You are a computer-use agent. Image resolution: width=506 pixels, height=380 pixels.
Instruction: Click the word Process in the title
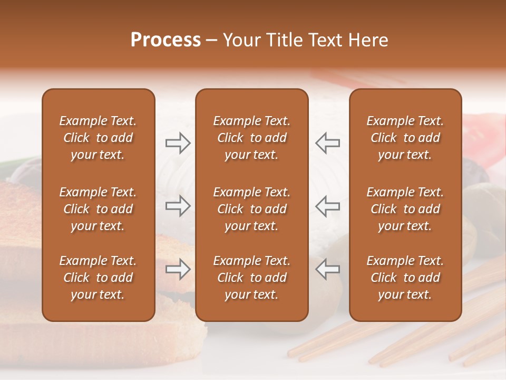pos(166,40)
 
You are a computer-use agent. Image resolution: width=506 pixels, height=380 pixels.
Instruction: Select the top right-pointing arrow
pos(178,143)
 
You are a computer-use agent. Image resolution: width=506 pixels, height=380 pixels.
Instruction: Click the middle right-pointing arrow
pos(178,206)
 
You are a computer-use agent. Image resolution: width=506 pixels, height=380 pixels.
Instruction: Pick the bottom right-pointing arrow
pos(178,269)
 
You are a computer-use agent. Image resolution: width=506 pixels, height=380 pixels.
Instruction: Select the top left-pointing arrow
pos(327,143)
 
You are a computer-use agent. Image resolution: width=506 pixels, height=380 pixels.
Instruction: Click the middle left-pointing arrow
pos(327,206)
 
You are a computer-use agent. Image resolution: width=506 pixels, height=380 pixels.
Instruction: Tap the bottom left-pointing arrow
pos(327,269)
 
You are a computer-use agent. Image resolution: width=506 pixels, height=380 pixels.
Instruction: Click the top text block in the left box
pos(98,138)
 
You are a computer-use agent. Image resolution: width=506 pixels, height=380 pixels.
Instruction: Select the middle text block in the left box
pos(98,209)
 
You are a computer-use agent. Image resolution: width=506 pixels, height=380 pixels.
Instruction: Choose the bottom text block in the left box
pos(98,278)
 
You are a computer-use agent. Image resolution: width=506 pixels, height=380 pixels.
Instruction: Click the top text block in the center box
pos(251,138)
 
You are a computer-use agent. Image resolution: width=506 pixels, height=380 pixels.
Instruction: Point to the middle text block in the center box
pos(251,209)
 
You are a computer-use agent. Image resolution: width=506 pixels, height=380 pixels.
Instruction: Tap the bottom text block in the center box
pos(251,278)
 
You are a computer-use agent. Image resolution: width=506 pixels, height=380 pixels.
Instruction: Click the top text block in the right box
pos(405,138)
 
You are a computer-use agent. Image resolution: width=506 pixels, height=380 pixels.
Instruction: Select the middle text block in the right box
pos(405,209)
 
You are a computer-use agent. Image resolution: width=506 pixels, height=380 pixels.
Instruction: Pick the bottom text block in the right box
pos(405,278)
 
